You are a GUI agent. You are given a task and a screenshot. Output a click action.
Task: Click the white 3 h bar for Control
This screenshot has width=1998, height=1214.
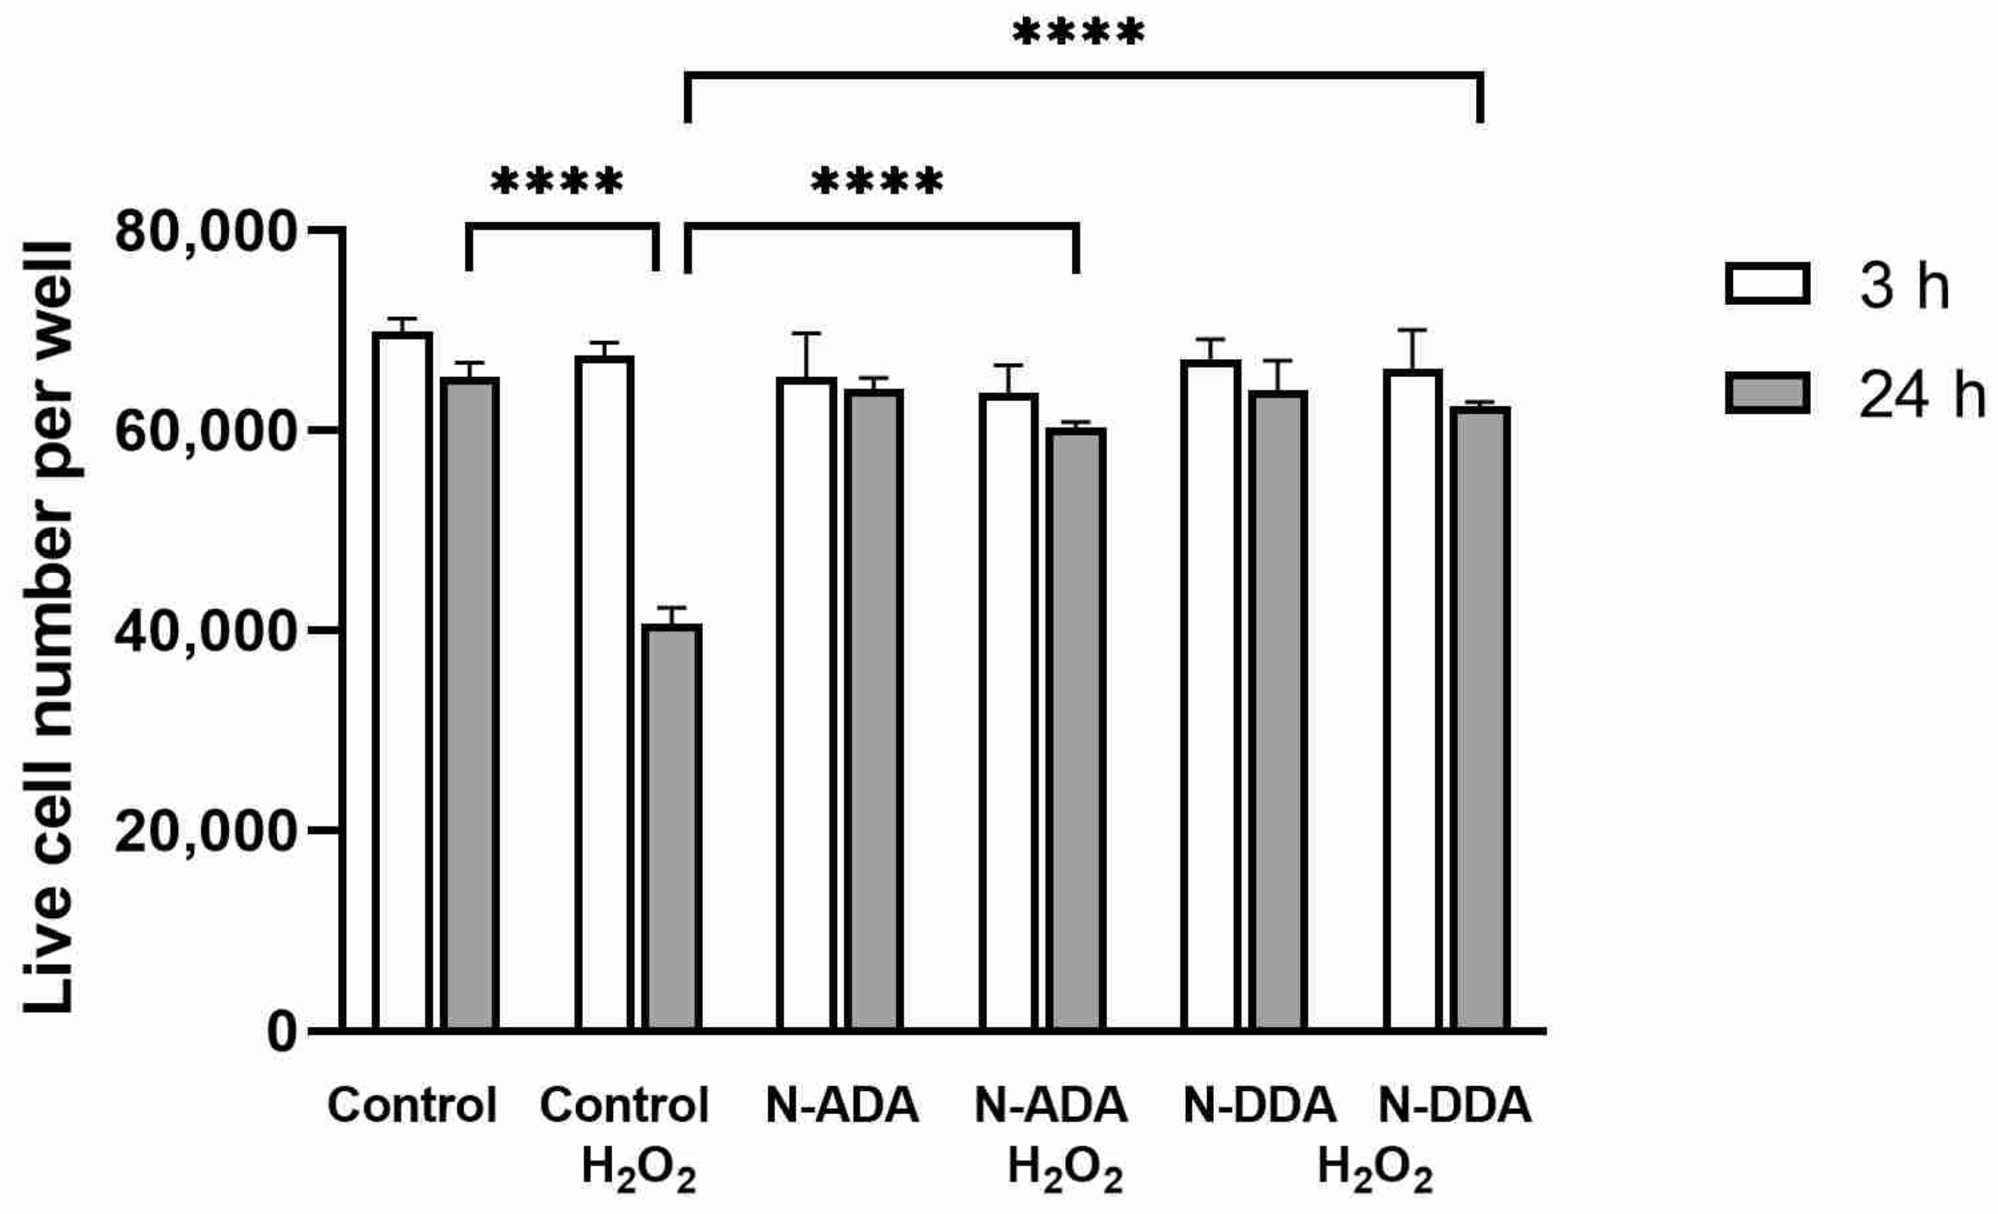pyautogui.click(x=402, y=681)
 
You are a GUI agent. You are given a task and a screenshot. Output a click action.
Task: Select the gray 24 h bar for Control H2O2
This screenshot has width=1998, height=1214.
pyautogui.click(x=672, y=827)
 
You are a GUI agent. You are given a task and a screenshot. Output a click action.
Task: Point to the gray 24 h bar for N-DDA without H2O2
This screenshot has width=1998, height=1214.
pyautogui.click(x=1277, y=711)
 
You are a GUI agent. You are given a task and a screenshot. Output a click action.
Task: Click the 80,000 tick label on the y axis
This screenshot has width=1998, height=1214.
pyautogui.click(x=204, y=232)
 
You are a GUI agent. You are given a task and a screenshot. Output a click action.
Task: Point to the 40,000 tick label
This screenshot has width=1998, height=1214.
pyautogui.click(x=204, y=631)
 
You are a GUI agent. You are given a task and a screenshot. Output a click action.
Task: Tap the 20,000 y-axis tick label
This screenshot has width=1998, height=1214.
pyautogui.click(x=204, y=830)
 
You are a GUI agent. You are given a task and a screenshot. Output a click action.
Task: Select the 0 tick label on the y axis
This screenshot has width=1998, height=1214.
pyautogui.click(x=282, y=1031)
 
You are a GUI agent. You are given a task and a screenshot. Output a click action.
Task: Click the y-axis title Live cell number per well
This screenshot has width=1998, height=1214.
pyautogui.click(x=49, y=629)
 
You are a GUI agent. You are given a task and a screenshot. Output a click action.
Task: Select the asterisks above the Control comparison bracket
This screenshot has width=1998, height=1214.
pyautogui.click(x=557, y=182)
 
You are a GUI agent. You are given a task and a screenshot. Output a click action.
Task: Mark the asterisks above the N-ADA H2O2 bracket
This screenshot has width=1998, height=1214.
pyautogui.click(x=877, y=182)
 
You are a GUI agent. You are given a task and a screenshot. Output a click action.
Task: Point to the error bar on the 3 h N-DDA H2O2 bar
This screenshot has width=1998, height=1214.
pyautogui.click(x=1411, y=349)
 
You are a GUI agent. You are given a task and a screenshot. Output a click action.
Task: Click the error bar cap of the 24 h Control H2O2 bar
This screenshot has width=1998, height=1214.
pyautogui.click(x=672, y=608)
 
